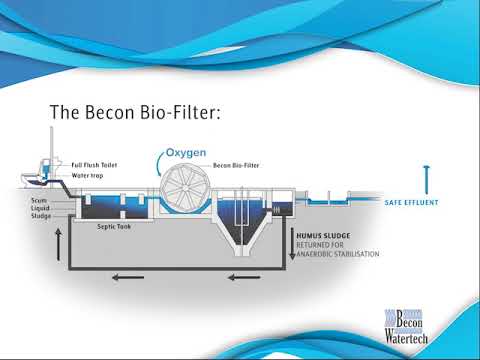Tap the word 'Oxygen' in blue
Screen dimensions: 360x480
coord(186,152)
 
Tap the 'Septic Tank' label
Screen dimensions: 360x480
coord(114,226)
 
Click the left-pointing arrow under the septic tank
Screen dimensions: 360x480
coord(119,277)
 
